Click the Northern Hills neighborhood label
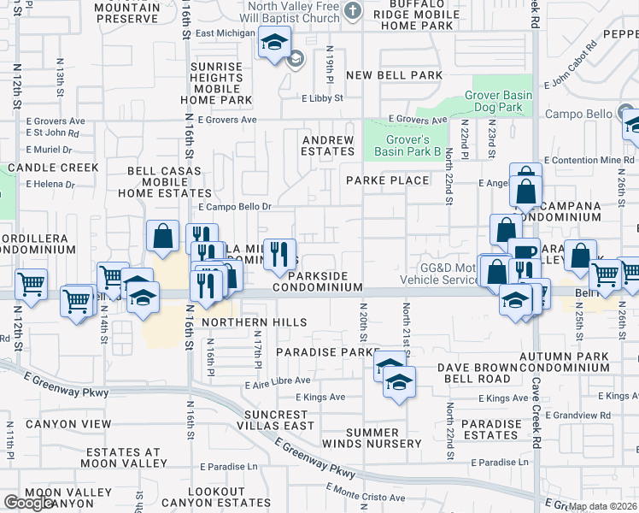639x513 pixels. point(255,321)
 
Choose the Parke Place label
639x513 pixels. point(387,180)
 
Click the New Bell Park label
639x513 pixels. point(394,75)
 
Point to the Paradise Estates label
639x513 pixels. point(491,430)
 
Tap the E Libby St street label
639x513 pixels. point(322,98)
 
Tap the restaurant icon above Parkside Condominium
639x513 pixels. point(279,254)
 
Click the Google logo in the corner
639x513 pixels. point(29,503)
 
